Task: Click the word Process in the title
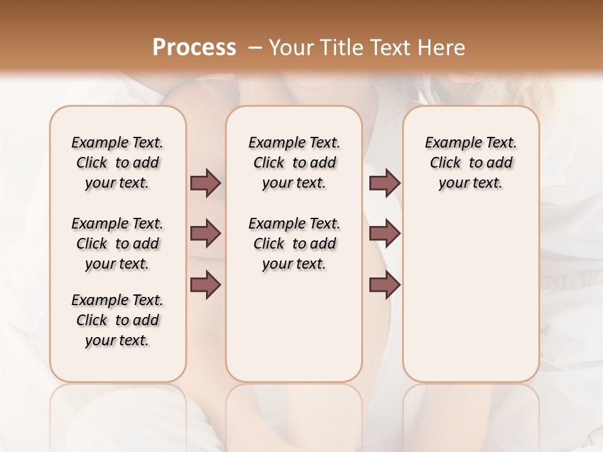click(x=194, y=48)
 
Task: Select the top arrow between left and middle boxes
click(x=205, y=183)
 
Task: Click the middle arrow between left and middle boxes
click(x=205, y=234)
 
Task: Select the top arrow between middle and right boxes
click(x=384, y=183)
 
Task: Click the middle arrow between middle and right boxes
click(x=384, y=234)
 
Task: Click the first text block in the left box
click(x=117, y=163)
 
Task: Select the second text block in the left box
click(x=117, y=244)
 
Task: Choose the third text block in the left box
click(x=117, y=320)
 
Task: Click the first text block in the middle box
click(x=294, y=163)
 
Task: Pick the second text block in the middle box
click(x=294, y=244)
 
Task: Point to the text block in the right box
click(x=470, y=163)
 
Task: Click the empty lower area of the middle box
click(x=294, y=326)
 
